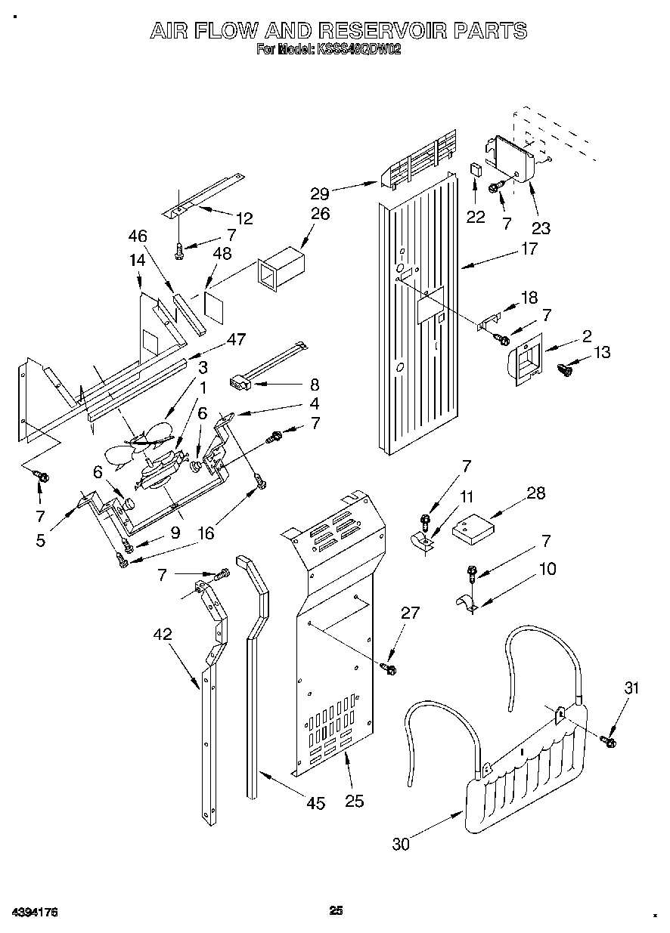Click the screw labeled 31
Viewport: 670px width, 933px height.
[608, 740]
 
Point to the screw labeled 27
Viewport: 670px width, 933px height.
[391, 668]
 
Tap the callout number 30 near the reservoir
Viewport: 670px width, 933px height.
[401, 844]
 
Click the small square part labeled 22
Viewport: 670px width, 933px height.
[476, 168]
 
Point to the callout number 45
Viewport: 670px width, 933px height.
[315, 803]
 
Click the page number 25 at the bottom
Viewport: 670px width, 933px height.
[337, 911]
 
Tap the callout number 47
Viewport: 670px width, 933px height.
[236, 340]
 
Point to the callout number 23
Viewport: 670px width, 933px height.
[541, 227]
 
